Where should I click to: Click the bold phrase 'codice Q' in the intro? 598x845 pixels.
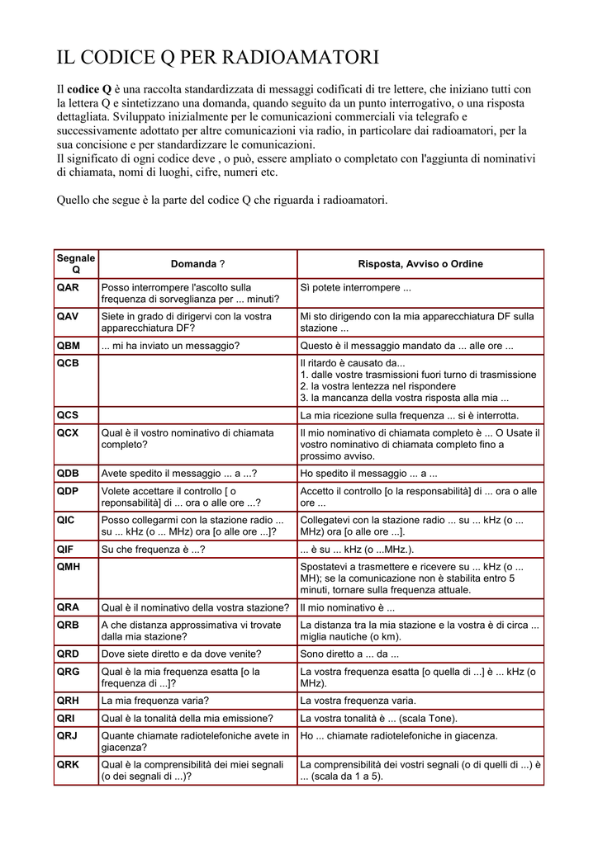pyautogui.click(x=89, y=89)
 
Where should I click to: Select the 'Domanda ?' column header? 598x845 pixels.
pyautogui.click(x=197, y=264)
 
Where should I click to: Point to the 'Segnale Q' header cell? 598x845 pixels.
pyautogui.click(x=76, y=264)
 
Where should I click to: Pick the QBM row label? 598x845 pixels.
pyautogui.click(x=69, y=345)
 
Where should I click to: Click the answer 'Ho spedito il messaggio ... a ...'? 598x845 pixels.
pyautogui.click(x=368, y=474)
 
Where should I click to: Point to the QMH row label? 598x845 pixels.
pyautogui.click(x=69, y=566)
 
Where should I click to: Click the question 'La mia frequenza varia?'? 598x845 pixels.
pyautogui.click(x=154, y=701)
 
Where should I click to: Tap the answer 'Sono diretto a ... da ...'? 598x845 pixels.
pyautogui.click(x=349, y=654)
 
